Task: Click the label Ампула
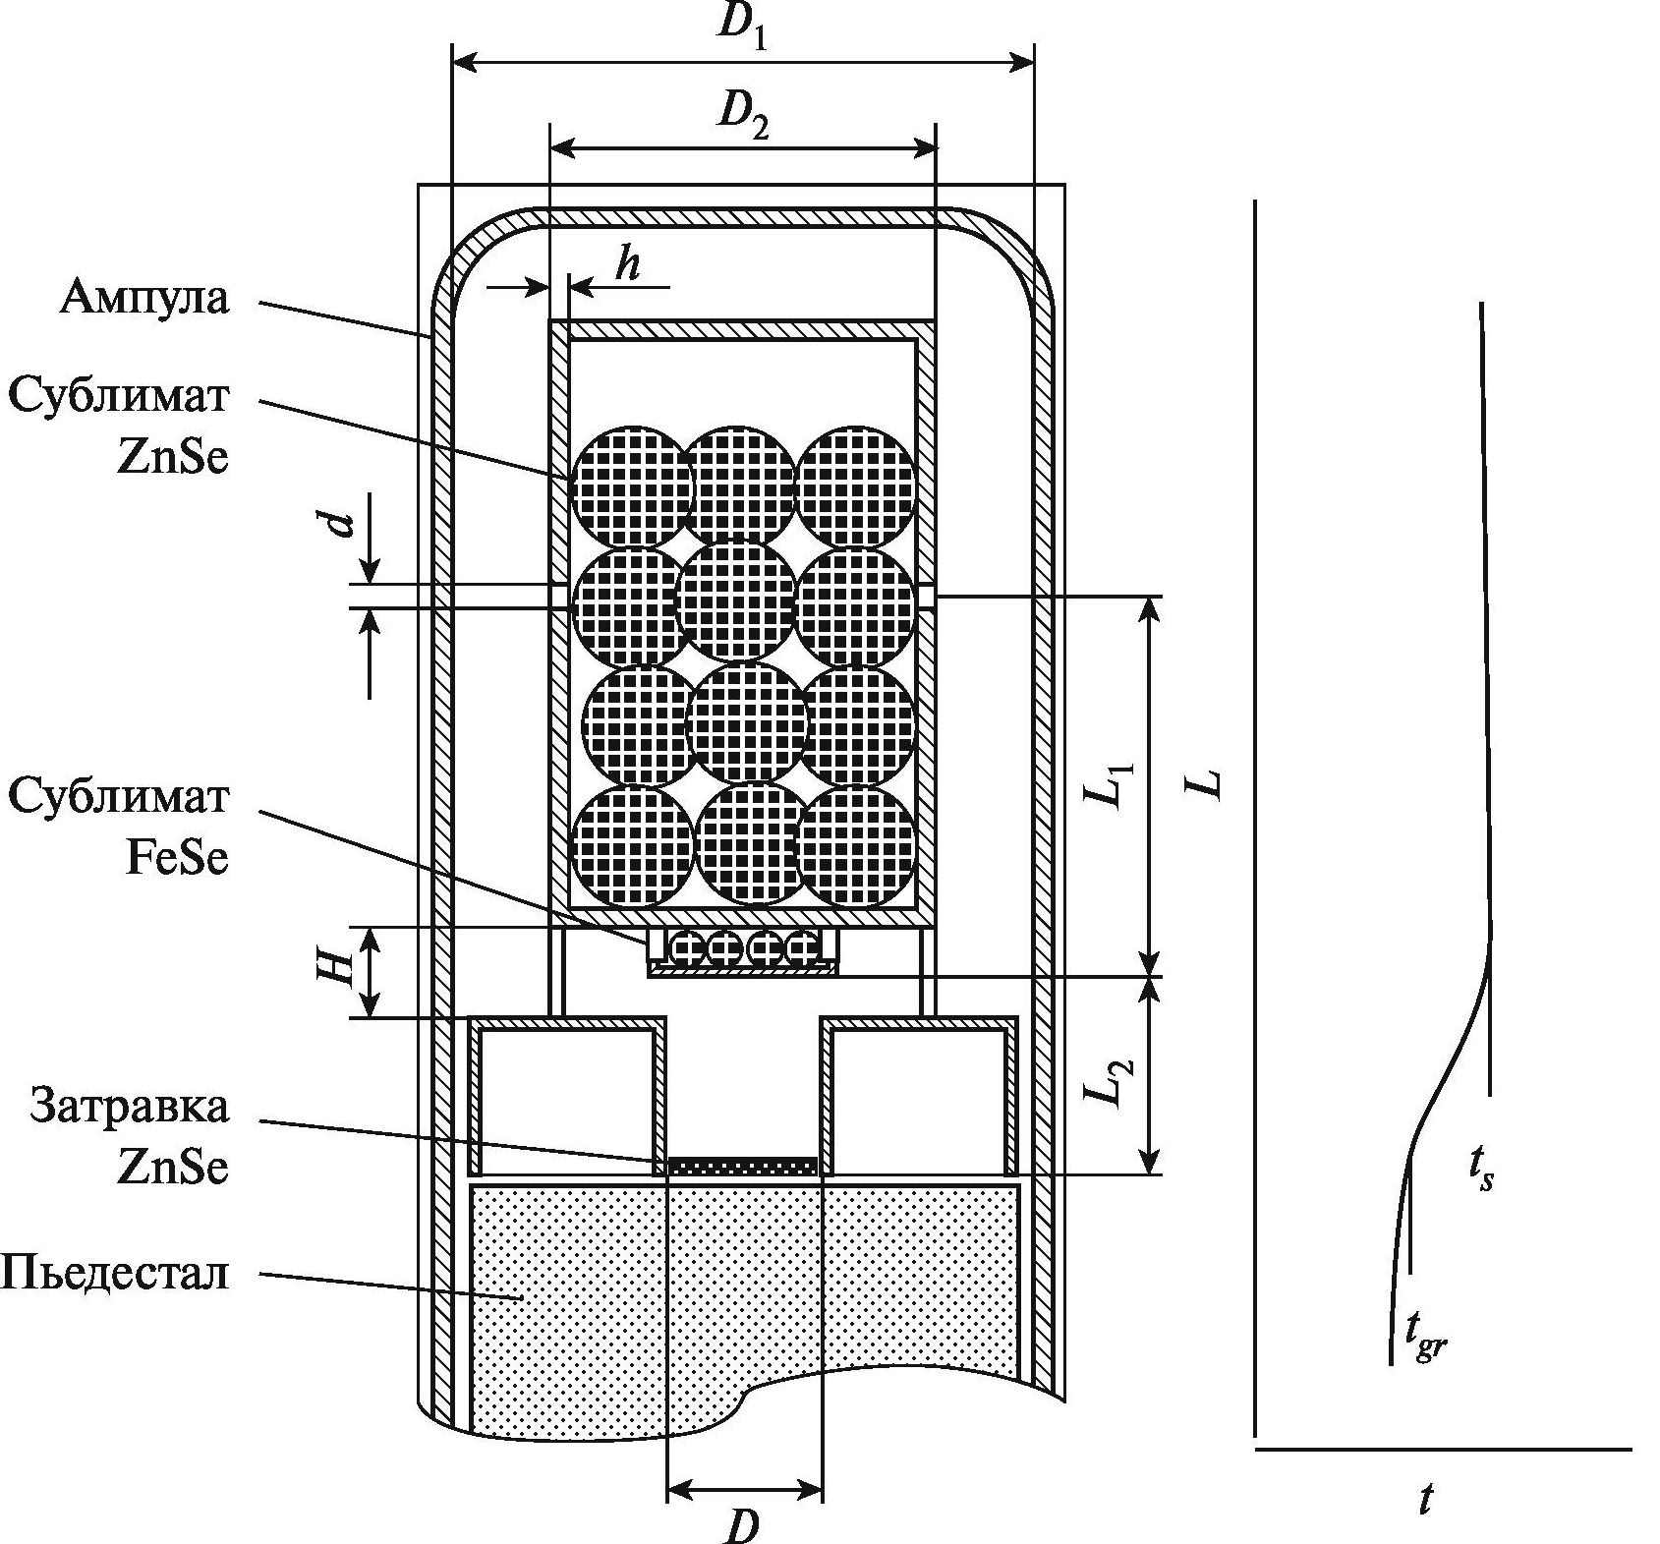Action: tap(143, 297)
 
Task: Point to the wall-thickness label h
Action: tap(626, 265)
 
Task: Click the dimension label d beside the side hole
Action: tap(339, 519)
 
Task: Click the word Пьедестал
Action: tap(115, 1274)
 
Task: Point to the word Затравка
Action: tap(130, 1106)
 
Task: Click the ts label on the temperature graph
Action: tap(1481, 1170)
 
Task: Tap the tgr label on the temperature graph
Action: tap(1425, 1339)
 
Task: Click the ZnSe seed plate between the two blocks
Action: tap(743, 1166)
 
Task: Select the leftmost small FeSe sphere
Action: tap(686, 947)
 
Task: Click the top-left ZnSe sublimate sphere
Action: tap(632, 486)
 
